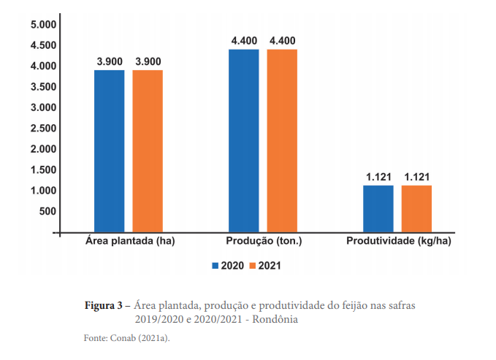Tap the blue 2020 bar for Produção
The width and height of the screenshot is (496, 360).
[243, 140]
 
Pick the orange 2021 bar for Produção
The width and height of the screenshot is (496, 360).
[282, 140]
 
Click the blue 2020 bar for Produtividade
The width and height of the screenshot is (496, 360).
[378, 208]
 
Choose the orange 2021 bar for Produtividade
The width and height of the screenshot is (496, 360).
[416, 208]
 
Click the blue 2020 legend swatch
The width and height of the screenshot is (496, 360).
[215, 266]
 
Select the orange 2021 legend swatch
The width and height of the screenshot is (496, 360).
[253, 266]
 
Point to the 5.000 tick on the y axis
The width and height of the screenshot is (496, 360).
[43, 25]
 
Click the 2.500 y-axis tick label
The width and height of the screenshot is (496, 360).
[43, 129]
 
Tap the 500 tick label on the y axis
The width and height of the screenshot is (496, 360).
[47, 212]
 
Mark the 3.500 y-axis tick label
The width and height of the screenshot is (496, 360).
[43, 87]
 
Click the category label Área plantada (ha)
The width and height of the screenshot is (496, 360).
[130, 240]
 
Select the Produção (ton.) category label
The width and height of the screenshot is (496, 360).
[264, 240]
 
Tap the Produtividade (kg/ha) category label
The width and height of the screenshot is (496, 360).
[397, 240]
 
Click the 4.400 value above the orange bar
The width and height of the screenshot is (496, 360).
[283, 40]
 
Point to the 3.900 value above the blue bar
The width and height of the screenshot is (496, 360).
[110, 61]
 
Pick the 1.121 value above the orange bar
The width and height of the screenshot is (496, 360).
[417, 177]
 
